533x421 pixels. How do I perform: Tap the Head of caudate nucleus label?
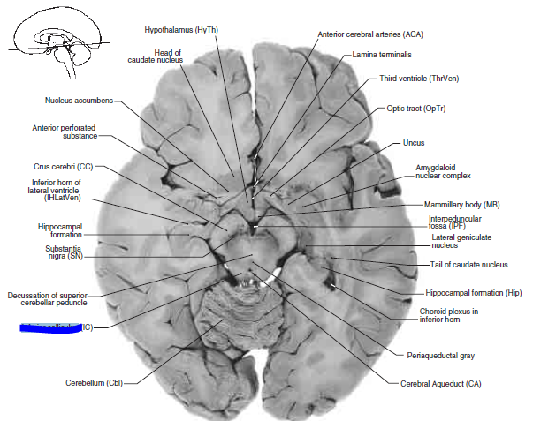coord(167,59)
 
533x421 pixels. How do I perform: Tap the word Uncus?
coord(414,141)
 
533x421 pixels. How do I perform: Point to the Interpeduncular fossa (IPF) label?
coord(458,222)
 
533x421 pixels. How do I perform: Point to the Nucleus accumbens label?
coord(79,100)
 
